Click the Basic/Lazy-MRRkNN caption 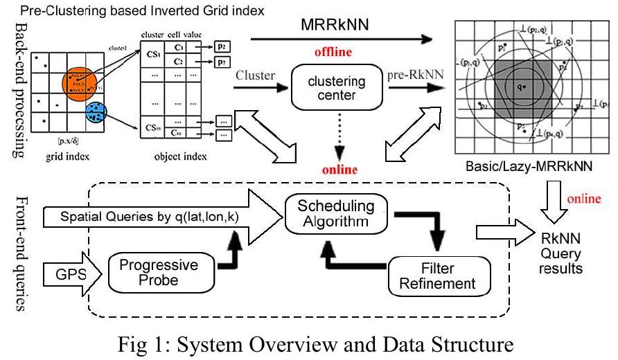coord(530,169)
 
